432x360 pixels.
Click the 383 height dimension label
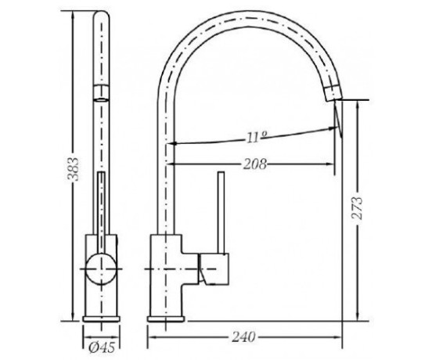(74, 168)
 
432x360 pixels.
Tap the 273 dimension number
(358, 207)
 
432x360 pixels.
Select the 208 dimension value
(255, 164)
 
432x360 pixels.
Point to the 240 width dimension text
(243, 337)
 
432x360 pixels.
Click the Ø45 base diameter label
(102, 348)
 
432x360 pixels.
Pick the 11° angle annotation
(257, 137)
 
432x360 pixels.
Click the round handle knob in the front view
(101, 269)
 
